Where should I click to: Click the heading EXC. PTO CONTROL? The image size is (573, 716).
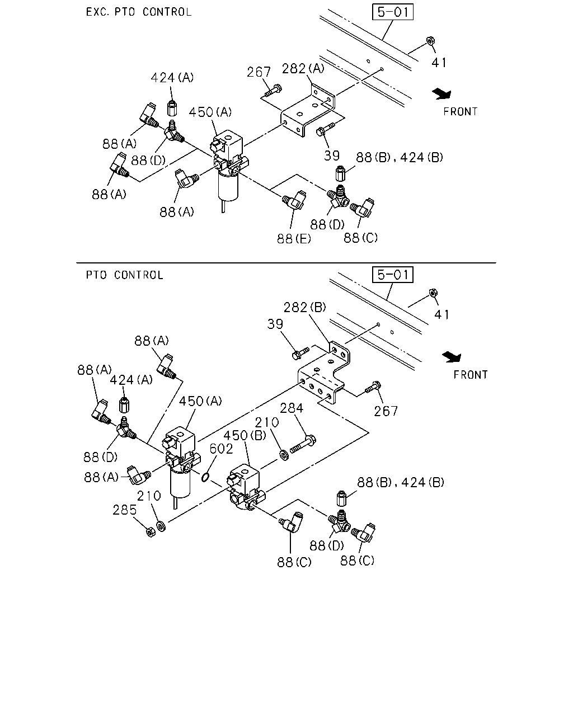[139, 12]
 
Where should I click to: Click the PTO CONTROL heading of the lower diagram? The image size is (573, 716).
[125, 275]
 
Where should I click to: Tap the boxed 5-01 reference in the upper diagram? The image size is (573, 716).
[393, 12]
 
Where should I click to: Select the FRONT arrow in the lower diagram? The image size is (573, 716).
[452, 357]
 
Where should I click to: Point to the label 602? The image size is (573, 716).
[221, 449]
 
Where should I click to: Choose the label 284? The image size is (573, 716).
[292, 408]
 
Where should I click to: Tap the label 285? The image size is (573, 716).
[125, 510]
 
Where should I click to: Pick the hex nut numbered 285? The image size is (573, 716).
[151, 532]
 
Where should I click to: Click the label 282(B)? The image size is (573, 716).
[304, 308]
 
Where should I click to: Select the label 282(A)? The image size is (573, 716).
[303, 69]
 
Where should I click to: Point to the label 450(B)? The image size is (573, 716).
[245, 435]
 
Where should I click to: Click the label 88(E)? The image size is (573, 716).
[294, 238]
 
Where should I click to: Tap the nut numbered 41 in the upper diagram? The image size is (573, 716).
[430, 41]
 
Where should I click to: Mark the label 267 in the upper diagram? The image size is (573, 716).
[259, 72]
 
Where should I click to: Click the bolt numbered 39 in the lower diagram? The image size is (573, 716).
[300, 354]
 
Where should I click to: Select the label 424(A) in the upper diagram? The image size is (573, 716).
[172, 78]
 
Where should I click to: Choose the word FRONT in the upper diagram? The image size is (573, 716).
[461, 111]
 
